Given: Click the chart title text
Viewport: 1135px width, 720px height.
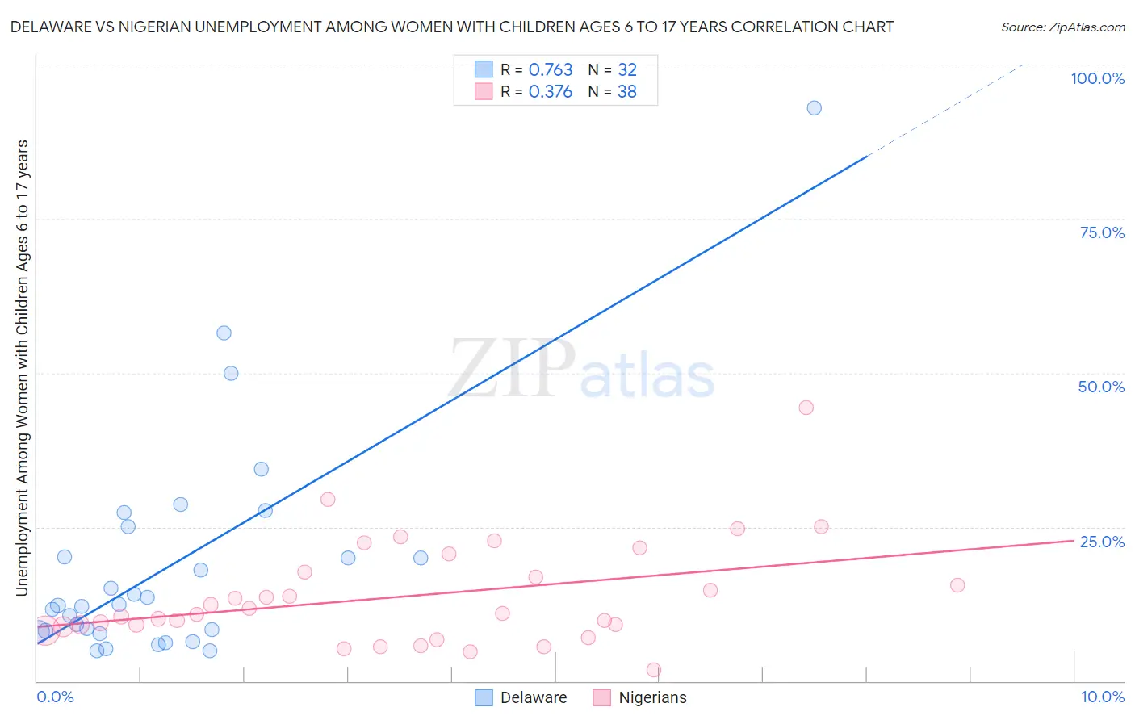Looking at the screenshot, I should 452,27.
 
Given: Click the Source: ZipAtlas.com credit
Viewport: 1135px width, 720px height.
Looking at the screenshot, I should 1062,27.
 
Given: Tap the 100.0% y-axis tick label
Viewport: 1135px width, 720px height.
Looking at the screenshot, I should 1097,78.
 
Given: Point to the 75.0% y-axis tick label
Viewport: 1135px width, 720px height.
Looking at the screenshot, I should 1102,232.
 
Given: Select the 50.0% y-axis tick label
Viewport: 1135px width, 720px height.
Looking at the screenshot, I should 1101,387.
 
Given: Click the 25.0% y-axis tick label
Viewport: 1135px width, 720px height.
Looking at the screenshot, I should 1102,542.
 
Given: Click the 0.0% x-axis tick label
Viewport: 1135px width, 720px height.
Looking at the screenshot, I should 55,697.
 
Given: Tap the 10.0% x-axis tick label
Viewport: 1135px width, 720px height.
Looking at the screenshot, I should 1102,697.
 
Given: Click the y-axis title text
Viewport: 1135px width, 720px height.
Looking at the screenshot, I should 22,368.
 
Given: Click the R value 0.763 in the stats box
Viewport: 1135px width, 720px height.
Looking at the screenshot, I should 551,70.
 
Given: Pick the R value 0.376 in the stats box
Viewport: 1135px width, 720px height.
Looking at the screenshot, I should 551,92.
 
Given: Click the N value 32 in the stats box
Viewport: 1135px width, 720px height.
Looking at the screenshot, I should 627,70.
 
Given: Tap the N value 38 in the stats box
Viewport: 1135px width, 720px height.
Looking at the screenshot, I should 627,92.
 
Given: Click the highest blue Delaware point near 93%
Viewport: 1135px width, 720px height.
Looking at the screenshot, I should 814,108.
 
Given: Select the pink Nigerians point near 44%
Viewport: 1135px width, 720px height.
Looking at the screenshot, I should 806,408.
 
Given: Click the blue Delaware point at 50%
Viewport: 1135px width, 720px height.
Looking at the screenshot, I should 231,373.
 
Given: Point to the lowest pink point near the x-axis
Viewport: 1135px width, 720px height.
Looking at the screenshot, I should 654,670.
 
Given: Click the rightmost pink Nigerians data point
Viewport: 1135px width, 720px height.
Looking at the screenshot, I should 957,585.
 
